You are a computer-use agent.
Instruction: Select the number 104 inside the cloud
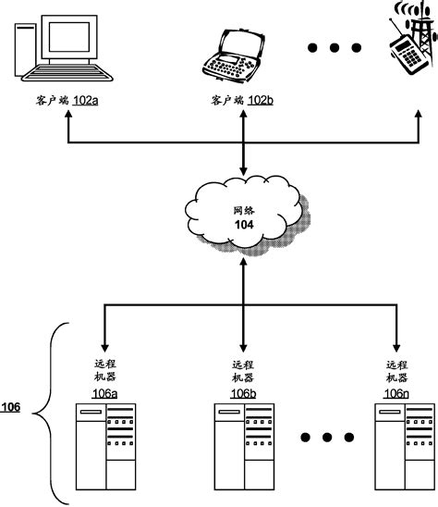pyautogui.click(x=243, y=224)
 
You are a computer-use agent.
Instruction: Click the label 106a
pyautogui.click(x=104, y=393)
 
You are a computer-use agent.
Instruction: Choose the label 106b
pyautogui.click(x=243, y=393)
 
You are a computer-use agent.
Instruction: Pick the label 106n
pyautogui.click(x=395, y=393)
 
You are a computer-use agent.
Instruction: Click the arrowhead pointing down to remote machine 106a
pyautogui.click(x=103, y=338)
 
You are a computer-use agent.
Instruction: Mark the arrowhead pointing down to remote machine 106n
pyautogui.click(x=395, y=338)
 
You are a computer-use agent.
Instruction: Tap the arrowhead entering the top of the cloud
pyautogui.click(x=243, y=173)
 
